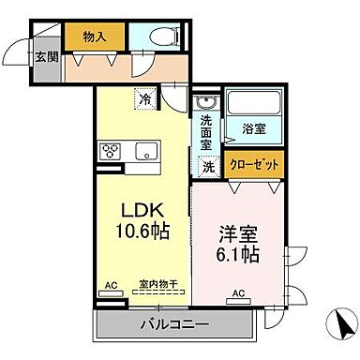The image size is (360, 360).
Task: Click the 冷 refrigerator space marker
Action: point(145,97)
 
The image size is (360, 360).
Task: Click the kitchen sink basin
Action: point(147,151)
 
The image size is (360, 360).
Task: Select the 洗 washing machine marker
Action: point(209,166)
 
